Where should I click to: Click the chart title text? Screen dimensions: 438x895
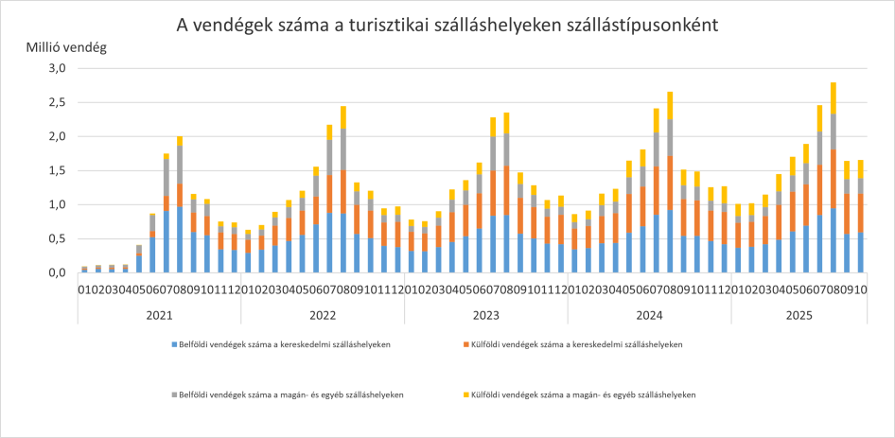[x=447, y=26]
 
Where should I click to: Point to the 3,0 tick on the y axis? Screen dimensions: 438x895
[x=58, y=69]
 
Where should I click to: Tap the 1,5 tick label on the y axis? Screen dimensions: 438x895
[x=58, y=171]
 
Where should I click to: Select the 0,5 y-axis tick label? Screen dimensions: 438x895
[x=58, y=238]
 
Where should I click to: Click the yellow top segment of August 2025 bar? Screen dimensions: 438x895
[x=833, y=97]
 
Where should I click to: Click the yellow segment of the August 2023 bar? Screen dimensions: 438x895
[x=506, y=122]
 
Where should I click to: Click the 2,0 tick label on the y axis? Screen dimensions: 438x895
[x=58, y=137]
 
